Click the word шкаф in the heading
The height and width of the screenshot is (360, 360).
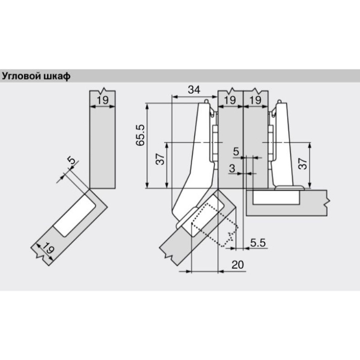point(57,76)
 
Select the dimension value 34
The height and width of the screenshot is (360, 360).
point(194,90)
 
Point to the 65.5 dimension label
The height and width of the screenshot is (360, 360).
point(140,135)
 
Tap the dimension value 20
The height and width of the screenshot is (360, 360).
point(238,265)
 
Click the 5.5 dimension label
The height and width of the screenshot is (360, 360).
point(258,243)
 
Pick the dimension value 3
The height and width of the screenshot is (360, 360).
point(232,168)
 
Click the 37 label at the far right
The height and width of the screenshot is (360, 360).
point(303,163)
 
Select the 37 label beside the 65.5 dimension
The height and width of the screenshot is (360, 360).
point(160,159)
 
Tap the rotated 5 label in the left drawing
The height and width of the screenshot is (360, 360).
point(72,160)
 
